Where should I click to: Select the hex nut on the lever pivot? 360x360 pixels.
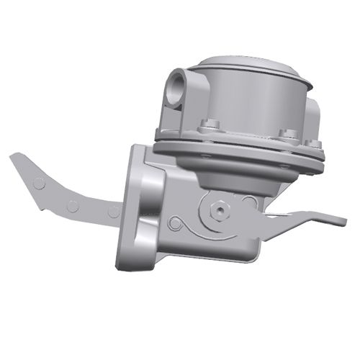[x=217, y=210]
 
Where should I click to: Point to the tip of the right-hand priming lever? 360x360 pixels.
[x=338, y=220]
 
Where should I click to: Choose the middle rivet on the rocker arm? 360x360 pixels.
[x=73, y=205]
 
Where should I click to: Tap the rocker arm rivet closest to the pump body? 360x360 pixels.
[x=113, y=211]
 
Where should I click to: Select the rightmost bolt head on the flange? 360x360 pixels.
[x=315, y=143]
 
